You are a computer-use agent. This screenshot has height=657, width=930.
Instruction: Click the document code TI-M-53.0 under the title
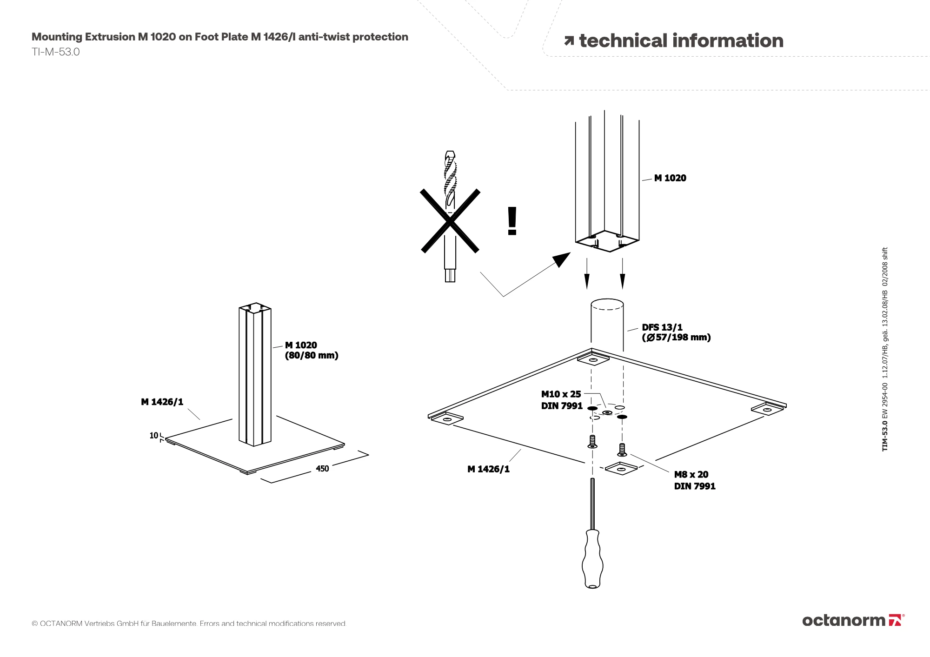pos(56,52)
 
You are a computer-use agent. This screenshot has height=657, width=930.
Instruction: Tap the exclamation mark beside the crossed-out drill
pos(512,221)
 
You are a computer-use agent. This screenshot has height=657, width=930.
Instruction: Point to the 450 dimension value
pos(322,469)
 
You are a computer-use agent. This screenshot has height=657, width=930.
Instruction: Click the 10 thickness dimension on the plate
pos(153,436)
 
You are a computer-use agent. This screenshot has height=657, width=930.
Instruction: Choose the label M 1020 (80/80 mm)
pos(311,351)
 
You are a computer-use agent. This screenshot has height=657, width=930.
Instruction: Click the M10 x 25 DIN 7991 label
pos(561,400)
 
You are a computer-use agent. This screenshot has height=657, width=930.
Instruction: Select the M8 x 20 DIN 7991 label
pos(694,480)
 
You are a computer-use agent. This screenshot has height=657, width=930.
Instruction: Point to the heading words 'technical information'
pos(681,41)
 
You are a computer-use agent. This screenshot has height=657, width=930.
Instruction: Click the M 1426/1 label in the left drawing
pos(162,402)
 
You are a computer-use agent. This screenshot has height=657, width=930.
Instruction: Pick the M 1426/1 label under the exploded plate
pos(488,469)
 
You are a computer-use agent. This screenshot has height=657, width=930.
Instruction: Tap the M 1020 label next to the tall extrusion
pos(670,178)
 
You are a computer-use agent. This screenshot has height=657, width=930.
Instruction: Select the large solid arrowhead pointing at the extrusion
pos(562,259)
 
